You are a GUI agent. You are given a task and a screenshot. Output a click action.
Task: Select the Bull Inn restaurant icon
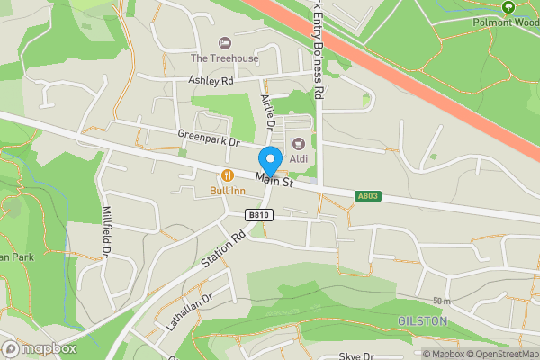(x=228, y=175)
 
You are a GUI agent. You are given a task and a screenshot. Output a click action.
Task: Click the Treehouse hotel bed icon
(x=224, y=43)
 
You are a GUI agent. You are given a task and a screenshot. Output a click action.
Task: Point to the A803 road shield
(x=367, y=195)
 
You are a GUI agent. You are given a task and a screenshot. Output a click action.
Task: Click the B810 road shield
(x=259, y=215)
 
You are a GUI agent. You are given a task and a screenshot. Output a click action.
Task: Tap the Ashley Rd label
(x=211, y=81)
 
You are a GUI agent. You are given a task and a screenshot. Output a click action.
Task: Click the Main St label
(x=275, y=181)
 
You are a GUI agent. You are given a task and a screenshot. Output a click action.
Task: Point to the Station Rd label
(x=224, y=249)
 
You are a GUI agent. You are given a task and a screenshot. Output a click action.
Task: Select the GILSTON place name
(x=422, y=320)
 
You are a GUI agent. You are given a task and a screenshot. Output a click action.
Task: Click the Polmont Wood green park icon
(x=508, y=7)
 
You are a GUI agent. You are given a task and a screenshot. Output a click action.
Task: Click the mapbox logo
(x=39, y=348)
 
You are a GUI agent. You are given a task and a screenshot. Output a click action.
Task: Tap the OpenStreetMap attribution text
(x=501, y=354)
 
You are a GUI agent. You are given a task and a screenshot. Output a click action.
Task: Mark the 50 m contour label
(x=440, y=301)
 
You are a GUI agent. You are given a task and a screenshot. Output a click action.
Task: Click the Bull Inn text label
(x=228, y=191)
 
